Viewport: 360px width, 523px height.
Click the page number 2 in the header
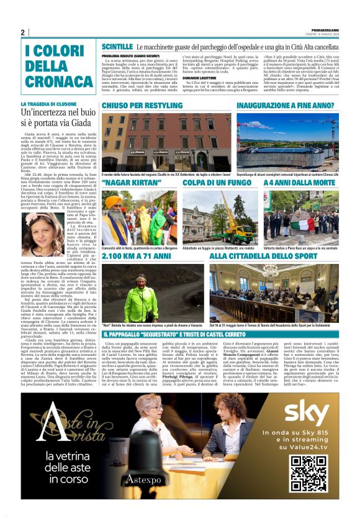(x=23, y=32)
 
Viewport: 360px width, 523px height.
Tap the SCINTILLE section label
(x=117, y=47)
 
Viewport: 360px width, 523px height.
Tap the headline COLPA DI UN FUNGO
(x=208, y=183)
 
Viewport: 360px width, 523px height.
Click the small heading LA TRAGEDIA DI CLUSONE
(x=49, y=104)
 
